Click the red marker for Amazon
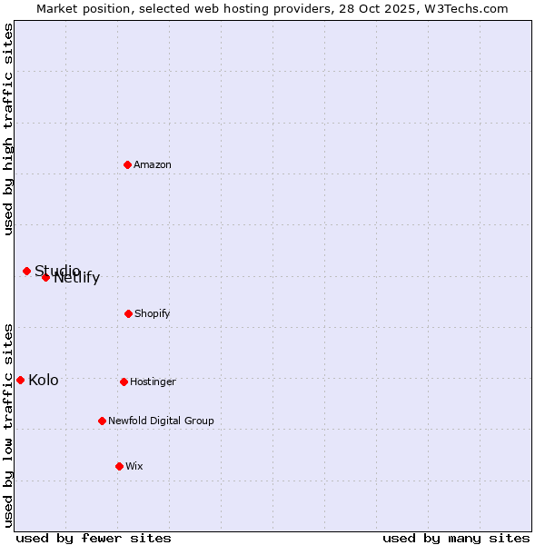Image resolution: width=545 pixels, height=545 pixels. pos(127,164)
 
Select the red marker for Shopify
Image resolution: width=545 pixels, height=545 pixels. pos(128,313)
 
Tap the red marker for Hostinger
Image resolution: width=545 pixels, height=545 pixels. pos(124,381)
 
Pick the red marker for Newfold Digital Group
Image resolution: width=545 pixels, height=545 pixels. pos(102,421)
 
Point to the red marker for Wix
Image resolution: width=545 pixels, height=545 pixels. pos(119,466)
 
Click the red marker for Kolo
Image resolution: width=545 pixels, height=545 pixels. pos(20,380)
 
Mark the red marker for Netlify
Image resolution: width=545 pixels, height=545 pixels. pos(45,277)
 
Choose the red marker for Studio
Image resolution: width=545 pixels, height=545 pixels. pos(26,271)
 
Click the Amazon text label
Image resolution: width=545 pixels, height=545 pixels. pos(153,164)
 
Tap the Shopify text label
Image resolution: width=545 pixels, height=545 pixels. pos(153,313)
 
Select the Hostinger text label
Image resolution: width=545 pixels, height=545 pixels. pos(153,381)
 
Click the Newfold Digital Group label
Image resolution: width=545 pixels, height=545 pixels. pos(161,421)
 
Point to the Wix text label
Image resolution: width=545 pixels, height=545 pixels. pos(134,466)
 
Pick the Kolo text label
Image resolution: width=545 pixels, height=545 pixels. pos(44,380)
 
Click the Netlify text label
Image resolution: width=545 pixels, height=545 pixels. pos(77,278)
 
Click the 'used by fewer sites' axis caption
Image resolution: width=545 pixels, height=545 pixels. pos(94,538)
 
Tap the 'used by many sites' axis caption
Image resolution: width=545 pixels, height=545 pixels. pos(456,538)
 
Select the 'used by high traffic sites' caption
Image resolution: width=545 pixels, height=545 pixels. pos(8,129)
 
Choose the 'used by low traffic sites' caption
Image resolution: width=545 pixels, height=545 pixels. pos(8,424)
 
